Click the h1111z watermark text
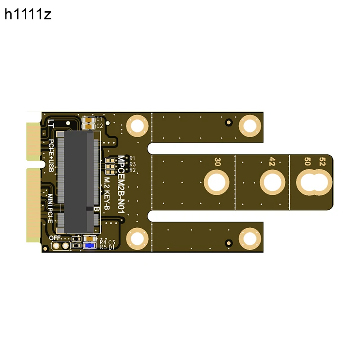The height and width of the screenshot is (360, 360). click(x=28, y=15)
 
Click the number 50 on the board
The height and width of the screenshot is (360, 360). click(x=308, y=162)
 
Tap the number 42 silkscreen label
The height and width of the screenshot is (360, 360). click(x=272, y=162)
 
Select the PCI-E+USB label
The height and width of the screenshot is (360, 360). click(x=51, y=155)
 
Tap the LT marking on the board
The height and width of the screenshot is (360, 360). click(x=51, y=124)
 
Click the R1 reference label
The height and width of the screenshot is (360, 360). click(x=132, y=158)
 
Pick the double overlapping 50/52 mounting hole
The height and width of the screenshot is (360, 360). click(x=314, y=183)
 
